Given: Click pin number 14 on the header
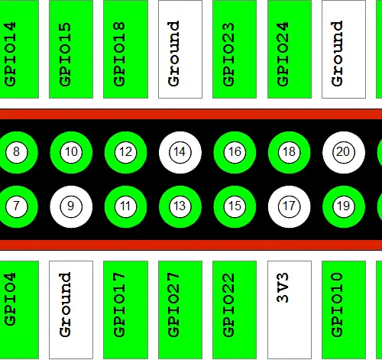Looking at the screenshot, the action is click(x=180, y=152).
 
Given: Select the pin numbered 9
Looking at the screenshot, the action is click(x=71, y=206).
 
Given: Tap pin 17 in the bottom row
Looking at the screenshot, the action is click(x=289, y=206).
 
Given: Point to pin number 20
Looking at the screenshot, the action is click(x=344, y=152).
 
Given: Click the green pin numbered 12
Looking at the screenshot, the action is click(x=125, y=152).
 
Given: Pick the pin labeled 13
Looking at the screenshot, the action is click(x=180, y=206).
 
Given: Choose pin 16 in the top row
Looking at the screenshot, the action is click(x=235, y=152).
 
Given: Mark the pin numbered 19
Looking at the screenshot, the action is click(x=344, y=206).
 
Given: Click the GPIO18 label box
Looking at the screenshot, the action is click(x=125, y=49).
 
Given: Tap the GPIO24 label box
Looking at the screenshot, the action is click(x=290, y=49).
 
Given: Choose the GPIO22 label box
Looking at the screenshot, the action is click(x=235, y=310).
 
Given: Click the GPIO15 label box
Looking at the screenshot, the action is click(x=71, y=49).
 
